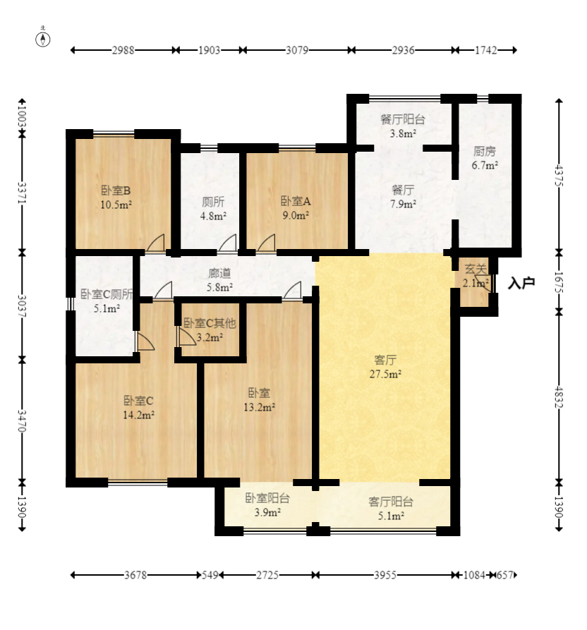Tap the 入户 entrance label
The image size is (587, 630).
[521, 283]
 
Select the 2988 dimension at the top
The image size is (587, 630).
[123, 50]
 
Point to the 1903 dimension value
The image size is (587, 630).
[210, 50]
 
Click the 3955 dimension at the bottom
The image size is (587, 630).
[385, 575]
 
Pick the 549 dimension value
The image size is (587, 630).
[210, 575]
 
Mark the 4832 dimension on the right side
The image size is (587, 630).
[559, 397]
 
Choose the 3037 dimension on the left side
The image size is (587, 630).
[23, 307]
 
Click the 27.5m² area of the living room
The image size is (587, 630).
[385, 374]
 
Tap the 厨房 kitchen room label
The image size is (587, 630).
[485, 151]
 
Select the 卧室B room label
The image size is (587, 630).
[116, 190]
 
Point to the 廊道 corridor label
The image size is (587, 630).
[220, 273]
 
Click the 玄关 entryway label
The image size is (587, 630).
[476, 269]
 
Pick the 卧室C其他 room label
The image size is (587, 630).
[210, 323]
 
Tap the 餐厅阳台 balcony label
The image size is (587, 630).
[403, 119]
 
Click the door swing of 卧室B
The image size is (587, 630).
[156, 243]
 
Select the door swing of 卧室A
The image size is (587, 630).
[267, 243]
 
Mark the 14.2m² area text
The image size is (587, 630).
[138, 415]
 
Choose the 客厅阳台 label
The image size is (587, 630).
[391, 502]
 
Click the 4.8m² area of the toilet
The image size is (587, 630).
[213, 216]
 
